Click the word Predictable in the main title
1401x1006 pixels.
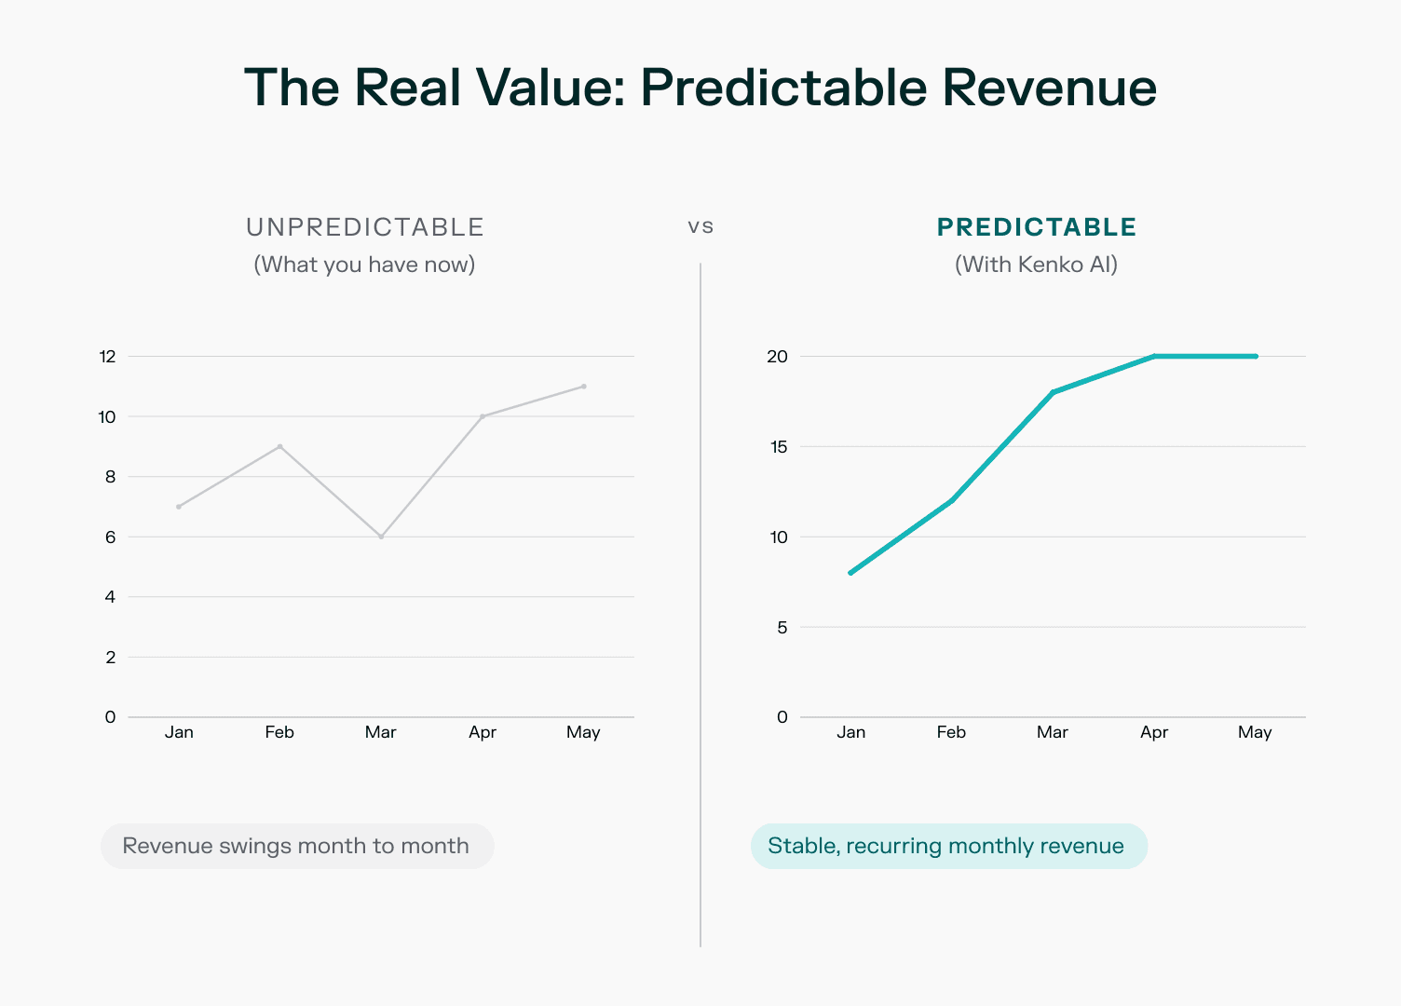click(782, 88)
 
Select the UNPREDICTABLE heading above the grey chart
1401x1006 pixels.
click(365, 227)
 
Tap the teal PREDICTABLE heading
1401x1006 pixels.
click(1036, 227)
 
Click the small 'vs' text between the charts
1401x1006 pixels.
click(700, 226)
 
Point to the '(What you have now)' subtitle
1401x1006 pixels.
click(364, 265)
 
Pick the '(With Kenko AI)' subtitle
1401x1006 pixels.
click(1036, 265)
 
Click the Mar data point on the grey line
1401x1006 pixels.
click(381, 537)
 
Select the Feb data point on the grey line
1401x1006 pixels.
click(279, 446)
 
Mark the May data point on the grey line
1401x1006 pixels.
click(584, 386)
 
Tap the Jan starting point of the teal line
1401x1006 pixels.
click(850, 573)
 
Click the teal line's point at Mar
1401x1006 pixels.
click(1053, 392)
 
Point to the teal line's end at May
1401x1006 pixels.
click(1256, 356)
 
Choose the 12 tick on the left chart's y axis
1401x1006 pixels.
click(107, 356)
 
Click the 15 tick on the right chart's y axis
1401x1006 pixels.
click(778, 446)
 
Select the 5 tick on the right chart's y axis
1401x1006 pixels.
click(782, 627)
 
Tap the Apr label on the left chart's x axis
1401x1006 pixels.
click(483, 732)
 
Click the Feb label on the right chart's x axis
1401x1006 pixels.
click(951, 732)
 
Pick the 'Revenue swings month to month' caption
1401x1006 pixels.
click(296, 846)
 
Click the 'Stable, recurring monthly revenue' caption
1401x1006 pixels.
click(946, 846)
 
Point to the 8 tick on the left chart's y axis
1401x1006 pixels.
click(111, 476)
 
